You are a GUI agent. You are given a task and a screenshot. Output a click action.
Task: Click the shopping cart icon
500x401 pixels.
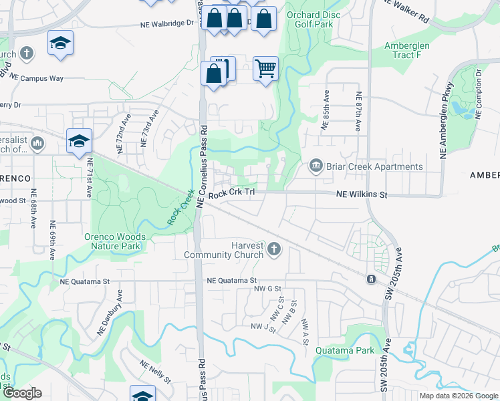[x=265, y=68]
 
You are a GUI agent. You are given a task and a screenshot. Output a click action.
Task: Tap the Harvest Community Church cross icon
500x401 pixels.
[x=273, y=250]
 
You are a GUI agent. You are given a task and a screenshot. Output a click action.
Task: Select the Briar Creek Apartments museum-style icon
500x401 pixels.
[x=316, y=166]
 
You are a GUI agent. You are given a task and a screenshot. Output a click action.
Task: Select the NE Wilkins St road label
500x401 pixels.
[x=362, y=194]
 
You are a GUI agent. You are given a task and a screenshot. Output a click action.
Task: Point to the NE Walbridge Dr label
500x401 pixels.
[x=166, y=22]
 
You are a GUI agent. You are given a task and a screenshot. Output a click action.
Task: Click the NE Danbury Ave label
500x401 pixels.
[x=111, y=311]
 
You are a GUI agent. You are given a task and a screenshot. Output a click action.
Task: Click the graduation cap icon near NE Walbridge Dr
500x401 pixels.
[x=60, y=43]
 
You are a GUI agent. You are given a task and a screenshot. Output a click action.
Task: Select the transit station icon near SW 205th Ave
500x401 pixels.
[x=370, y=278]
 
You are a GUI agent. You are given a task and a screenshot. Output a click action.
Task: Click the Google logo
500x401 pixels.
[x=22, y=393]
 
